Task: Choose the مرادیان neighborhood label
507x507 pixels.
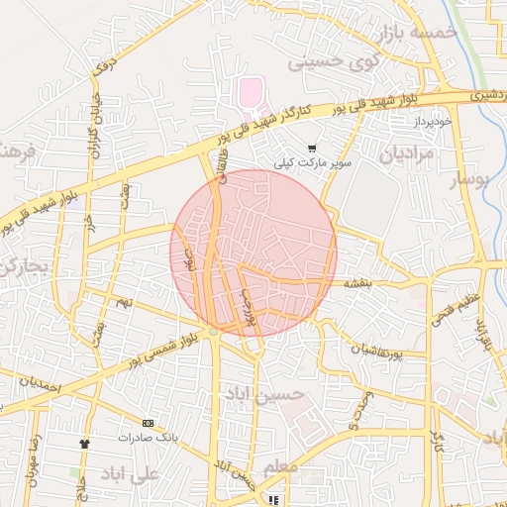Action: tap(406, 154)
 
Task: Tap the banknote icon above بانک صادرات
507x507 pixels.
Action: tap(149, 423)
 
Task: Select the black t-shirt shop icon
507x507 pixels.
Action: tap(85, 444)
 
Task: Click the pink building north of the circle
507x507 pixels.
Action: tap(250, 95)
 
